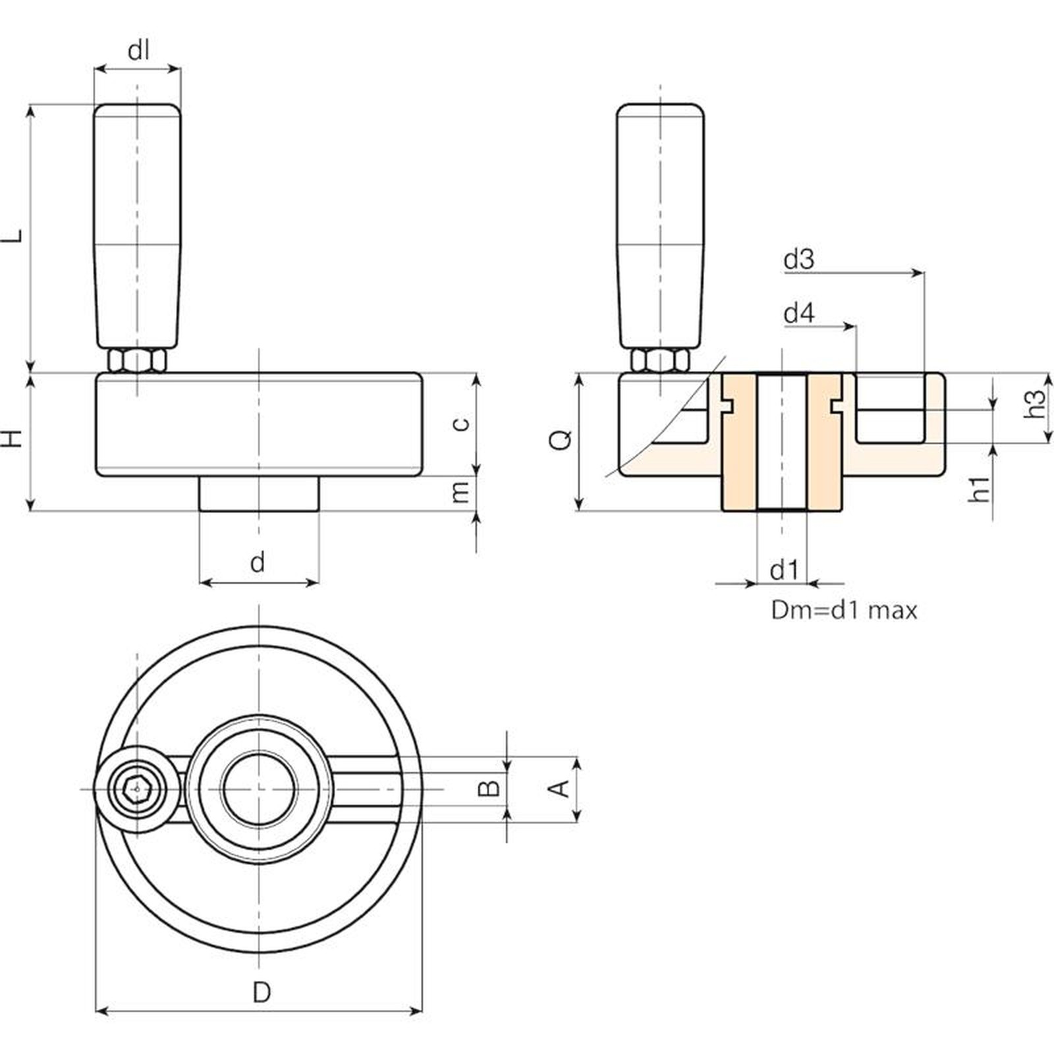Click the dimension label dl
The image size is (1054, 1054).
(138, 50)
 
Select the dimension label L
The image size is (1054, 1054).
(14, 235)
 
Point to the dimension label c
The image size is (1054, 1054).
(462, 422)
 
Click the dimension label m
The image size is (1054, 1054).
(461, 491)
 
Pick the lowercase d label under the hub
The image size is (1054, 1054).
(258, 562)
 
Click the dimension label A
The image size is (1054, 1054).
(559, 788)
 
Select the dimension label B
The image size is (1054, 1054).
(489, 788)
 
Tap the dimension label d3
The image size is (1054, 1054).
(798, 260)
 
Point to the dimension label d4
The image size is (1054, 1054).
(798, 313)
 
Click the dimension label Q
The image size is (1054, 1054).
(562, 439)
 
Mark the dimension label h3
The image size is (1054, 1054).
(1035, 404)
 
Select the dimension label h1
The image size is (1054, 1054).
(980, 489)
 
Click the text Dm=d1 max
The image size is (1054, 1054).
(844, 611)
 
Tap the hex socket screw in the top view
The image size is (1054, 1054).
(136, 788)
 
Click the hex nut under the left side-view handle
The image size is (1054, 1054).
(136, 360)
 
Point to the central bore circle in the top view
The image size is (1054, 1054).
(259, 788)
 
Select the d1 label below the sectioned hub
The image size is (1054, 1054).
(784, 570)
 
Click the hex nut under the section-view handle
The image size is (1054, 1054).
(660, 360)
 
